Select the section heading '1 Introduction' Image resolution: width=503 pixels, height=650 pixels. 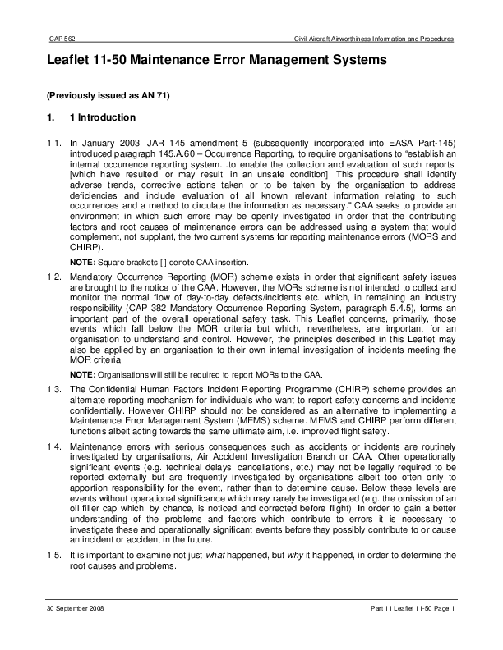[x=106, y=118]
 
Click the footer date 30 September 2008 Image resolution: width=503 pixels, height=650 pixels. [x=74, y=608]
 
